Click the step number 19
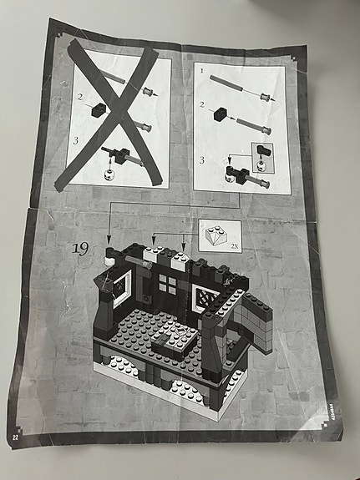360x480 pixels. [x=81, y=248]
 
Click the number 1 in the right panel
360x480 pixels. [x=202, y=73]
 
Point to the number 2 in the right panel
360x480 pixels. [x=202, y=106]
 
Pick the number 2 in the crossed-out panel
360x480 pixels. [x=79, y=98]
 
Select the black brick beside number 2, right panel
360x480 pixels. [x=221, y=114]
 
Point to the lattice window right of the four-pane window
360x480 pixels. [x=204, y=296]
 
